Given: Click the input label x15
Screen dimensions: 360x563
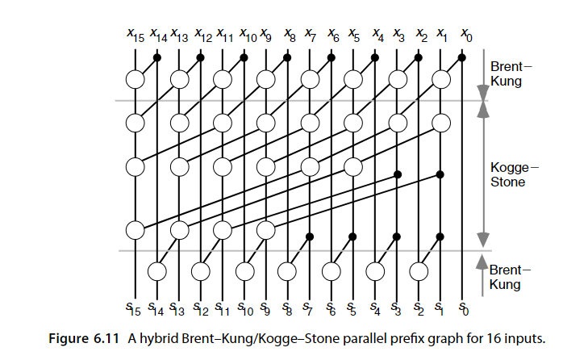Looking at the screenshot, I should click(135, 36).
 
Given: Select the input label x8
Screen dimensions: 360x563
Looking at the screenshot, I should click(290, 36).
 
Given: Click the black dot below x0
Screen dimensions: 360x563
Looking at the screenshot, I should click(461, 57).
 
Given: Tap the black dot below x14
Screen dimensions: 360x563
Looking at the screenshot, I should click(157, 57).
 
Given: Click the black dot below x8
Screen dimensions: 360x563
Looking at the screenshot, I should click(288, 57).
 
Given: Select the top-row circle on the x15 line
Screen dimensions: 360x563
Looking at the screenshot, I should click(136, 79).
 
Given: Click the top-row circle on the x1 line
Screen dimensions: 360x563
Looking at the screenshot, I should click(440, 79).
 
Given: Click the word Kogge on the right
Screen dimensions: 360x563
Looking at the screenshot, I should click(511, 167).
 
